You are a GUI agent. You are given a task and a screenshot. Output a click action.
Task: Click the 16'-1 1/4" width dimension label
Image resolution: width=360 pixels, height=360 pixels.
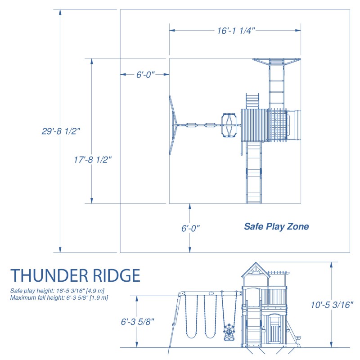tap(236, 31)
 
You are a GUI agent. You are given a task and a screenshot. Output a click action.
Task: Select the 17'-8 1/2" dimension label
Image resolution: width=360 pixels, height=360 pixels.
tap(93, 159)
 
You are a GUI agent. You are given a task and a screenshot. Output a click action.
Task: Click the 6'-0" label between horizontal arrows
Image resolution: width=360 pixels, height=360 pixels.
tap(145, 75)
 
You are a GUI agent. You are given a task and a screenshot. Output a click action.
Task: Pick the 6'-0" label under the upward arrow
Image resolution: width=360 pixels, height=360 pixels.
tap(190, 229)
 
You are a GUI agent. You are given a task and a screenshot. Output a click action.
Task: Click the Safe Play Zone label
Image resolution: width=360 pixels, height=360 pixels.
tap(276, 227)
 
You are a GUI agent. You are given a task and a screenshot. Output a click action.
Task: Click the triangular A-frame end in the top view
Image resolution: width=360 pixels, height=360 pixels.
tap(173, 125)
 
